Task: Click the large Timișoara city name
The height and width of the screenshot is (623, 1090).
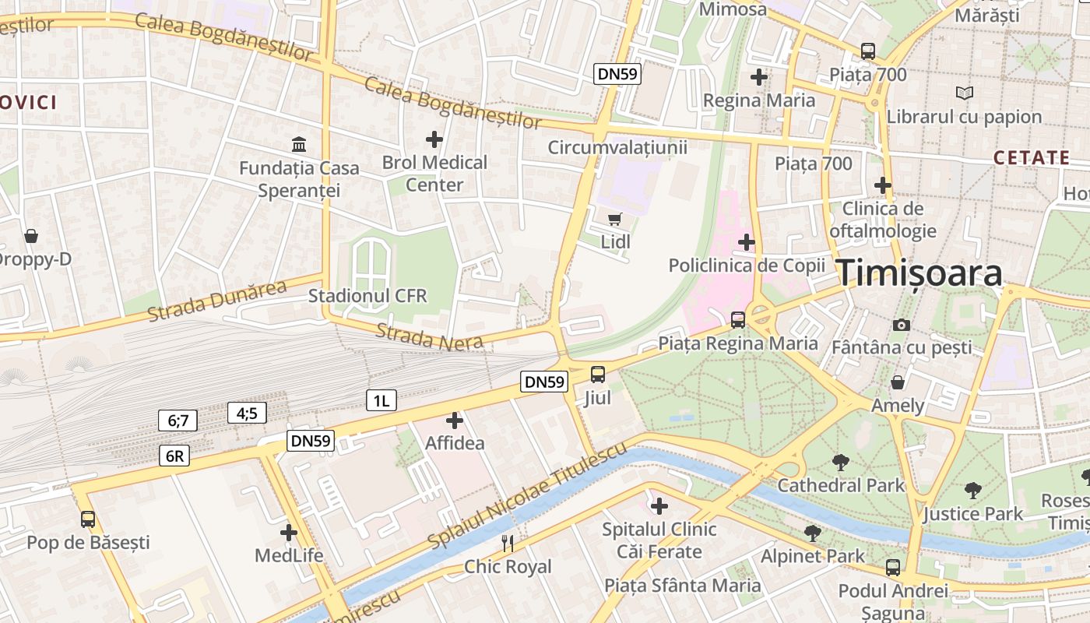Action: point(919,274)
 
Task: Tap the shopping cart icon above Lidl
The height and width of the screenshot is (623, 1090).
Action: point(615,220)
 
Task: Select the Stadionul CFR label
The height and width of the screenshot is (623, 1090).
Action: point(367,296)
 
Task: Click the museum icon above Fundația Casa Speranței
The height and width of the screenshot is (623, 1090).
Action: point(299,144)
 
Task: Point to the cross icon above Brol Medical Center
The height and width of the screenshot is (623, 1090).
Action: point(434,139)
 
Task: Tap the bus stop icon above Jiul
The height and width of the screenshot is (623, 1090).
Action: point(598,374)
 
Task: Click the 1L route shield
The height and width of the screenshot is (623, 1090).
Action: point(381,401)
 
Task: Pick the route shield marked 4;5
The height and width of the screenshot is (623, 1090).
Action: point(247,413)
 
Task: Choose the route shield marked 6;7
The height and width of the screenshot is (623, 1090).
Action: point(178,421)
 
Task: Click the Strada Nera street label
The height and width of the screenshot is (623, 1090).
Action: point(430,336)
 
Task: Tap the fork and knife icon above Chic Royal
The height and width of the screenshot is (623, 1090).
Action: point(508,543)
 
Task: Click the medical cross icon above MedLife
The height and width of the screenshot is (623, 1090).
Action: point(289,533)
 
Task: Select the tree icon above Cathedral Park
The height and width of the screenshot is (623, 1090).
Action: point(841,463)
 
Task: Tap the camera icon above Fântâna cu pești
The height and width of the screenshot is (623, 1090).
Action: point(902,325)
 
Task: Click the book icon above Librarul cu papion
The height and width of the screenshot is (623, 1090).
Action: point(965,93)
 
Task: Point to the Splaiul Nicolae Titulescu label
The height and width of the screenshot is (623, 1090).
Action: point(527,496)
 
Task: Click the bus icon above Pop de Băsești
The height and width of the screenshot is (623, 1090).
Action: point(88,519)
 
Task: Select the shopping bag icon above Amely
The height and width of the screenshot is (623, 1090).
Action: point(898,382)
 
